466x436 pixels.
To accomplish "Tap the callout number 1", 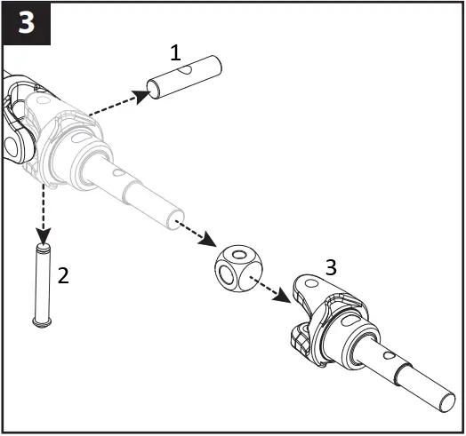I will click(175, 52).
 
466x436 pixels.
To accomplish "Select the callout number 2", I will click(62, 274).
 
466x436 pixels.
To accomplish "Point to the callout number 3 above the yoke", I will click(331, 266).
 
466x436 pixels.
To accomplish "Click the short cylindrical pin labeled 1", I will click(184, 77).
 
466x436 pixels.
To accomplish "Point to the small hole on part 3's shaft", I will click(390, 353).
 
